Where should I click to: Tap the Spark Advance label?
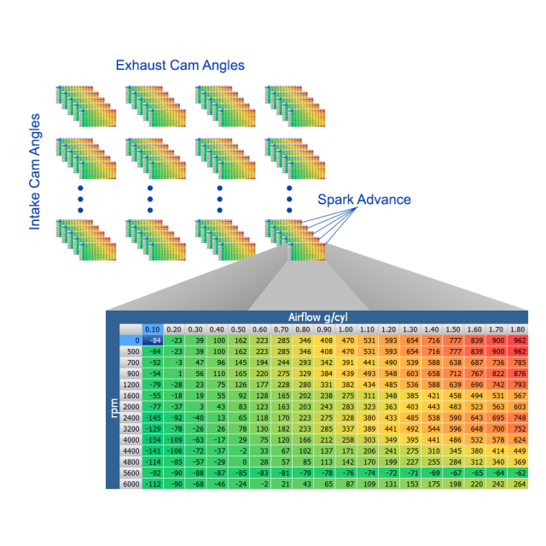pos(364,200)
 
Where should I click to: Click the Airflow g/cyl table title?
pos(328,316)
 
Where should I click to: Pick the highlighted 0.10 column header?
pos(153,328)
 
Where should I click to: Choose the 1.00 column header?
pos(346,328)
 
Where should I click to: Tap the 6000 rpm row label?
pos(130,483)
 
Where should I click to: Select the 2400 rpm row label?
pos(130,417)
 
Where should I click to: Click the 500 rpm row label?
pos(131,351)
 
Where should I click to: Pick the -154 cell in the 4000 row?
pos(153,439)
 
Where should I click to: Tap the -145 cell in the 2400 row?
pos(153,417)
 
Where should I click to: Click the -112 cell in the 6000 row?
pos(153,483)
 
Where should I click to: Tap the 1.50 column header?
pos(452,328)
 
